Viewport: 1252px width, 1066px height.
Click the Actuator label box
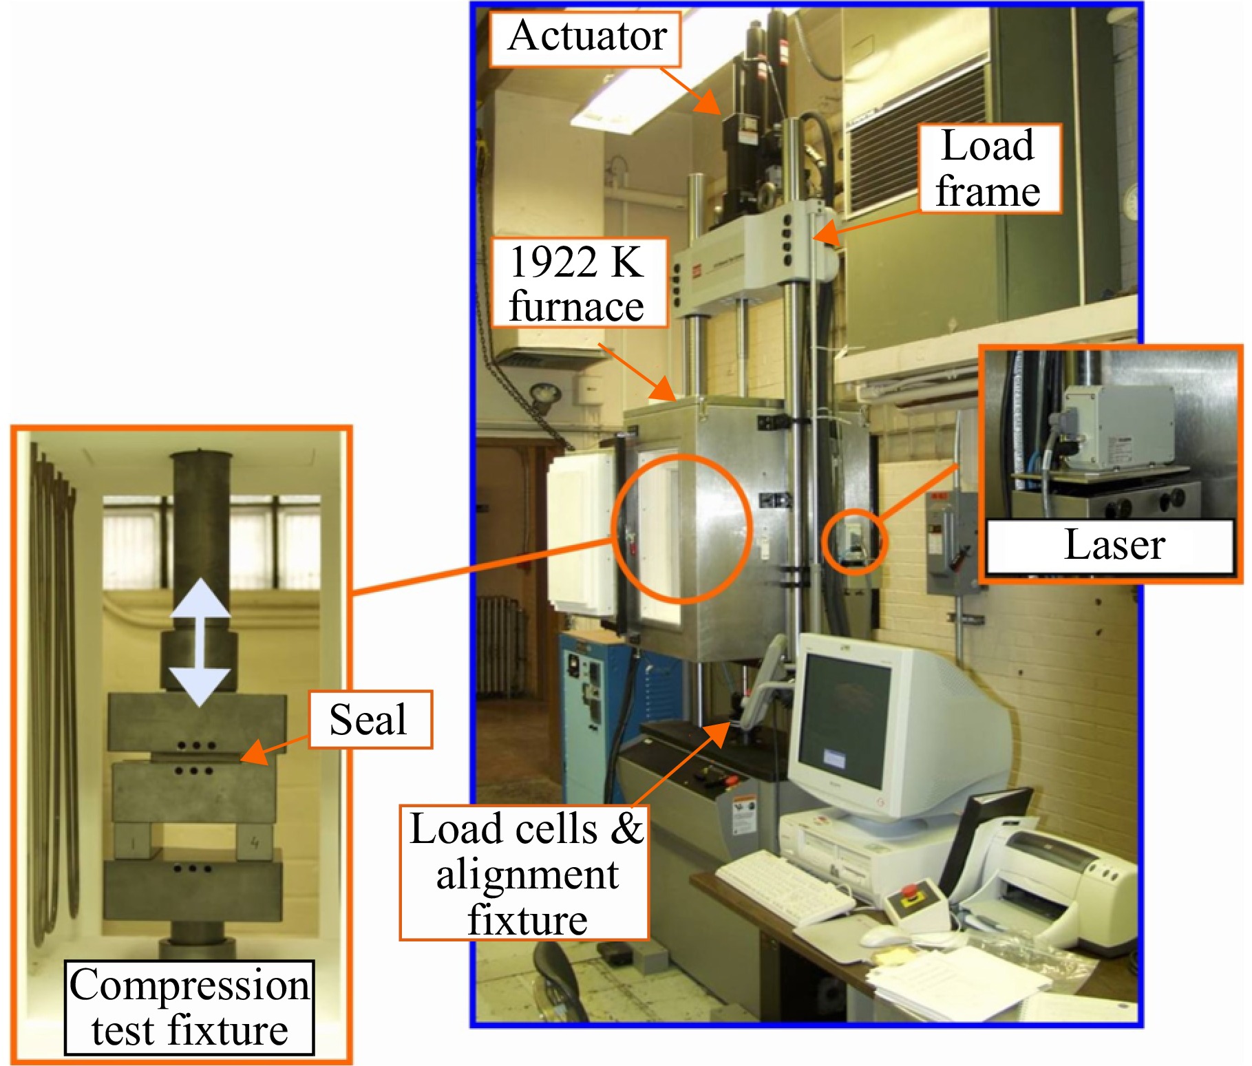585,39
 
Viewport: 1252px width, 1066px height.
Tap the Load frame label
990,169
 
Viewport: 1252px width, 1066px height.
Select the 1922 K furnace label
579,283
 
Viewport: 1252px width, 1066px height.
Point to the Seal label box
370,720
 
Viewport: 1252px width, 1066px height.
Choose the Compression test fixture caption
189,1008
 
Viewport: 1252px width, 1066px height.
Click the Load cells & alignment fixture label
524,873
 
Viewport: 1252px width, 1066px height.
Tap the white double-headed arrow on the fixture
200,641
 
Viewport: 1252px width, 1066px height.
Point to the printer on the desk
1046,884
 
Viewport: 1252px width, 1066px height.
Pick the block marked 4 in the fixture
255,842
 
